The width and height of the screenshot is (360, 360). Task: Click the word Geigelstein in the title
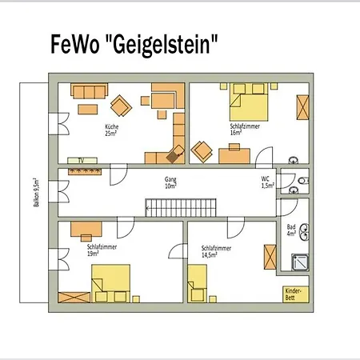tap(161, 45)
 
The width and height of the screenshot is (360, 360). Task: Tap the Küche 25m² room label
tap(111, 130)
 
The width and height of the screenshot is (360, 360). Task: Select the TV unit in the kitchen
tap(82, 161)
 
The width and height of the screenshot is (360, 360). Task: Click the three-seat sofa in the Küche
tap(90, 91)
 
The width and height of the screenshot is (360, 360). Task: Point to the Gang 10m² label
tap(170, 182)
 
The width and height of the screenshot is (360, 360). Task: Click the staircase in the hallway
tap(181, 208)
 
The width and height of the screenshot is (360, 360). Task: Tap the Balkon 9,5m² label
tap(37, 193)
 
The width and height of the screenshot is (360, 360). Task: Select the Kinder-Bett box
tap(296, 294)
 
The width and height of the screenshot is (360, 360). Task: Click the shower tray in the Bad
tap(300, 262)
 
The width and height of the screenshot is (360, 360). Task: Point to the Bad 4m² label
tap(291, 230)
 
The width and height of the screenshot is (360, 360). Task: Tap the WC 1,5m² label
tap(267, 182)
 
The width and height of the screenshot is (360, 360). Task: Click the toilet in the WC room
tap(304, 181)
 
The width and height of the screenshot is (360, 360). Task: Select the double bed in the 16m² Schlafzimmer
tap(249, 102)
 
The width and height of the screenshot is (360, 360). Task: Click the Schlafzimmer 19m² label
tap(102, 250)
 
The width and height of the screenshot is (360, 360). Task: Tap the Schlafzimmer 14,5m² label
tap(216, 251)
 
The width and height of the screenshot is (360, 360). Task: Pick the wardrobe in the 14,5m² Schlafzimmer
tap(270, 257)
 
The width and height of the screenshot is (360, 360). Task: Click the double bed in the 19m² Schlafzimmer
tap(110, 283)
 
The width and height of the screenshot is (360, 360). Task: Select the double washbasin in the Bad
tap(305, 232)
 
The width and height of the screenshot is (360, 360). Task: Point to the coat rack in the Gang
tap(85, 171)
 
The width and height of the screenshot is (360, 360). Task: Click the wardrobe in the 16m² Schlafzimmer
tap(303, 107)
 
